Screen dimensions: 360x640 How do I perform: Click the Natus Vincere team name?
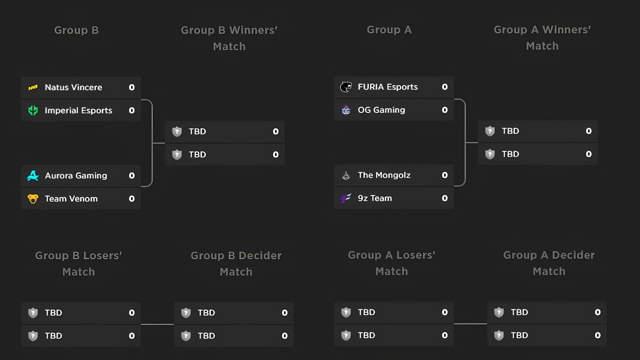73,87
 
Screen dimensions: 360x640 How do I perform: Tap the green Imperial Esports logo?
33,110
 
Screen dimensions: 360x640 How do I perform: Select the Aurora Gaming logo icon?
33,176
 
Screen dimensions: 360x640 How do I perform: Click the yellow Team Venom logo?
33,199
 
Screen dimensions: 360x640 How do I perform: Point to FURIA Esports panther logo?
346,87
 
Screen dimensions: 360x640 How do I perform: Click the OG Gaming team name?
381,110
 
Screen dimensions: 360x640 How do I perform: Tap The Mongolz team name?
384,175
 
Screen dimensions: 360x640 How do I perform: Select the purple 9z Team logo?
346,198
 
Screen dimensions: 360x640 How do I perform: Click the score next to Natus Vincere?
132,87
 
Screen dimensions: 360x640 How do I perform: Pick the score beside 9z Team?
445,198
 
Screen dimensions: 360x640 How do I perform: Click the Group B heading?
76,30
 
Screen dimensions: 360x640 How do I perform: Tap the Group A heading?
389,30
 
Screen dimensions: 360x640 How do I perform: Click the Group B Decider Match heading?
236,263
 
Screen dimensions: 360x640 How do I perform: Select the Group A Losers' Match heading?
392,263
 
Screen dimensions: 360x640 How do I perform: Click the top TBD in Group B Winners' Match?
197,131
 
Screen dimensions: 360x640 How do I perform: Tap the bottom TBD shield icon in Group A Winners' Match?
490,154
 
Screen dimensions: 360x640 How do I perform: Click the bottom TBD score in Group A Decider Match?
598,335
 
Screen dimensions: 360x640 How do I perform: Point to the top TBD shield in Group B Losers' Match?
33,313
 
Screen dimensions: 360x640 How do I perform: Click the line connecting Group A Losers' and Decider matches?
470,324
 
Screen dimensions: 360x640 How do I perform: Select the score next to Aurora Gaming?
132,176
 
